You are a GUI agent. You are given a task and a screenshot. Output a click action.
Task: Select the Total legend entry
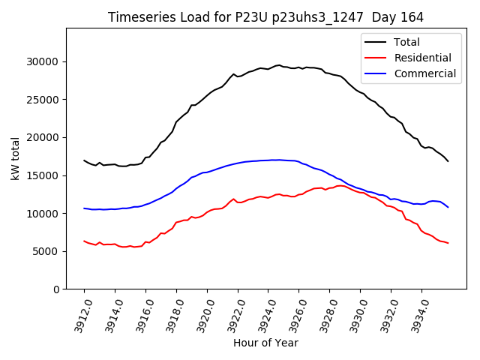[406, 42]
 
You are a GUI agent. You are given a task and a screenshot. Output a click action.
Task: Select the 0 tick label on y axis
[57, 289]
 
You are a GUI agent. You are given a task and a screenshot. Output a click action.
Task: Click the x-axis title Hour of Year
[265, 343]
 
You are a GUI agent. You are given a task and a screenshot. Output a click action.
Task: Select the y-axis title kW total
[16, 158]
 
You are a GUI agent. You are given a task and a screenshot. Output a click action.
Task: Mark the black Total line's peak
[279, 65]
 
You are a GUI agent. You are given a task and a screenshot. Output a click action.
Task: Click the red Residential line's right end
[448, 243]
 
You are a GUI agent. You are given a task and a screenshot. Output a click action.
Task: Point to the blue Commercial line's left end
[84, 208]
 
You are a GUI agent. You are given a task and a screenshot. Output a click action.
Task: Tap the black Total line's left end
[84, 160]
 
